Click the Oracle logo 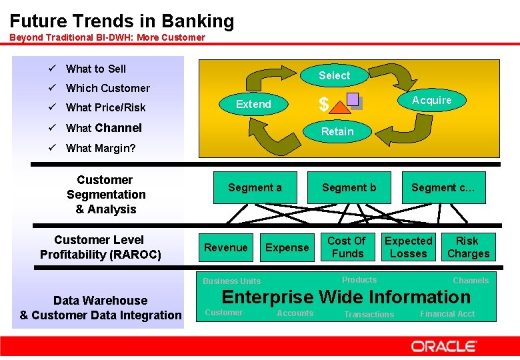pos(443,346)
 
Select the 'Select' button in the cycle pos(334,75)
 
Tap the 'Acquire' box pos(431,100)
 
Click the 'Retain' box pos(337,131)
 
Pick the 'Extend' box pos(254,104)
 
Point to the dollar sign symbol pos(323,105)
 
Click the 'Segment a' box pos(255,187)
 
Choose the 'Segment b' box pos(349,187)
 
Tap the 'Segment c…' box pos(443,187)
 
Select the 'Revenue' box pos(226,247)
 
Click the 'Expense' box pos(287,247)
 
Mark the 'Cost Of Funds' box pos(347,247)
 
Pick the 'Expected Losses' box pos(409,247)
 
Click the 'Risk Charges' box pos(468,247)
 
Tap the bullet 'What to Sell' pos(95,69)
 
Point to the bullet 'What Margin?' pos(100,148)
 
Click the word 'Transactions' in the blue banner pos(369,314)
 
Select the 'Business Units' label pos(231,281)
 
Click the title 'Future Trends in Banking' pos(122,21)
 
